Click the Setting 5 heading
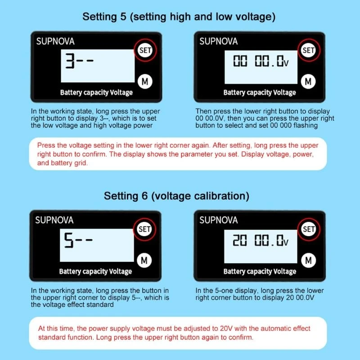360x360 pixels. click(179, 17)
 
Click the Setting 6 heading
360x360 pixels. click(176, 196)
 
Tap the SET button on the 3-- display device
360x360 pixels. click(145, 50)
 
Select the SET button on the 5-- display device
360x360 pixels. click(144, 229)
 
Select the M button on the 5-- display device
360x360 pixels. click(144, 260)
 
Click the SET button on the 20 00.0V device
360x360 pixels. click(308, 229)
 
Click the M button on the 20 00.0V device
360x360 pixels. click(308, 260)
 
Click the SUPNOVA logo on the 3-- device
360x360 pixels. click(55, 41)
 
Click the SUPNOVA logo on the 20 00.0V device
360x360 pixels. click(218, 220)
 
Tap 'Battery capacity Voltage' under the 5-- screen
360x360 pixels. click(95, 271)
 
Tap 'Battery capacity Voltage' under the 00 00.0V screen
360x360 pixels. click(260, 93)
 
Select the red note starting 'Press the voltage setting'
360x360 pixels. click(178, 154)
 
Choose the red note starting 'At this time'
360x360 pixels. click(178, 333)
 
